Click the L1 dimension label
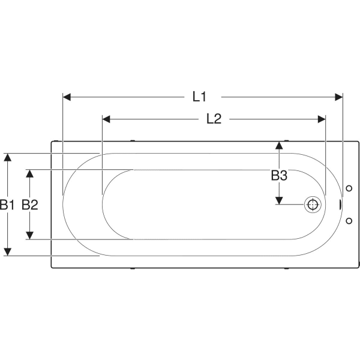tap(199, 97)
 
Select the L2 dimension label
tap(214, 119)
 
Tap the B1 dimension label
tap(7, 205)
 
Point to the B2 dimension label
tap(30, 205)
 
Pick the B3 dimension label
tap(279, 175)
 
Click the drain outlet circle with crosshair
tap(313, 205)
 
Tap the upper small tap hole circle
tap(349, 188)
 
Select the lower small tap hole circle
tap(349, 221)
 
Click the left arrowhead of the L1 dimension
tap(67, 97)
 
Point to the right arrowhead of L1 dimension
tap(338, 97)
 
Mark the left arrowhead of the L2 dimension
tap(106, 119)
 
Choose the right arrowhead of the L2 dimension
tap(322, 119)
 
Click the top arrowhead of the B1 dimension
tap(8, 157)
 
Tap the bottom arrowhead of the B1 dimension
tap(8, 252)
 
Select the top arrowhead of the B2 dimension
tap(29, 174)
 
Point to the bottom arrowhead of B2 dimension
tap(29, 235)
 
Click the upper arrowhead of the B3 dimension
tap(279, 146)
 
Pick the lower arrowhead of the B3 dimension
tap(279, 200)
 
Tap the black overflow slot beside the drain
tap(340, 205)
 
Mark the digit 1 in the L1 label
tap(203, 97)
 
